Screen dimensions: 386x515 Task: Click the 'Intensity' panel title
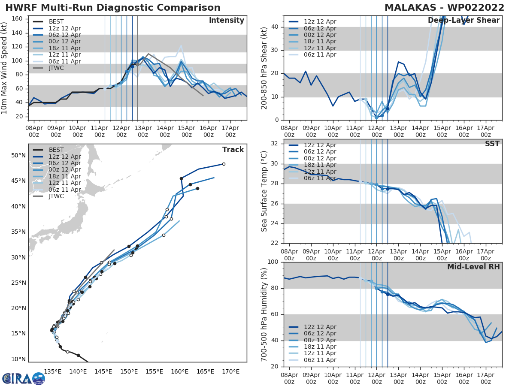click(x=226, y=21)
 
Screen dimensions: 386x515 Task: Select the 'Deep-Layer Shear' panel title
click(x=463, y=21)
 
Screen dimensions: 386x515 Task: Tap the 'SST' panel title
click(x=492, y=144)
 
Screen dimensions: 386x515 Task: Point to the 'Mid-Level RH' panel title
click(x=473, y=267)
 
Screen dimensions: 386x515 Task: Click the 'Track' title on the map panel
click(x=233, y=150)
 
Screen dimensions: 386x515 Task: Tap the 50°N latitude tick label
click(x=18, y=155)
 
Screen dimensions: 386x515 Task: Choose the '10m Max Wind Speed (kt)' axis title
click(x=5, y=67)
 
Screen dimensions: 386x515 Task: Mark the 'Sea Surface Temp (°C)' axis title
click(x=264, y=191)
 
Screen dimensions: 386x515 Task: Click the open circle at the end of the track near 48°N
click(x=224, y=164)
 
